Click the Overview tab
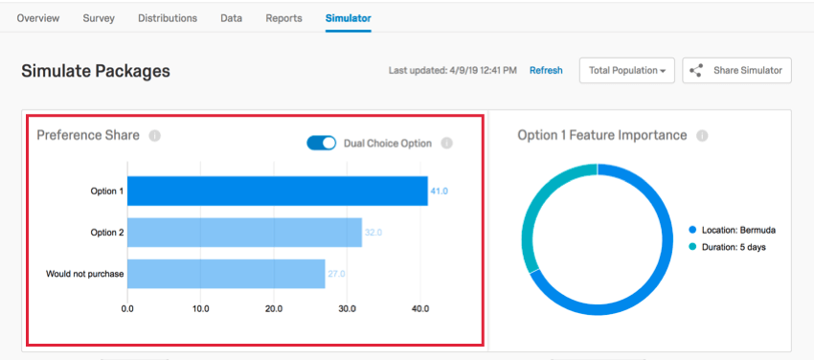pyautogui.click(x=38, y=18)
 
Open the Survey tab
pyautogui.click(x=99, y=18)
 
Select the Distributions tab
pyautogui.click(x=168, y=18)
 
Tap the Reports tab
pyautogui.click(x=283, y=18)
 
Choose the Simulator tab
pyautogui.click(x=348, y=18)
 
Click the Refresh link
pyautogui.click(x=546, y=71)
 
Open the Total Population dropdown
pyautogui.click(x=627, y=71)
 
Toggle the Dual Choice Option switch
pyautogui.click(x=322, y=143)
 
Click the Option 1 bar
pyautogui.click(x=277, y=191)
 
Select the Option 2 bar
pyautogui.click(x=244, y=233)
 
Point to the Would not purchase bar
pyautogui.click(x=226, y=274)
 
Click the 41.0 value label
pyautogui.click(x=439, y=191)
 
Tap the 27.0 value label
pyautogui.click(x=336, y=274)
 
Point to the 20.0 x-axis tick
pyautogui.click(x=274, y=308)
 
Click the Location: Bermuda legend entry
pyautogui.click(x=732, y=231)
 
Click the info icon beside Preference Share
pyautogui.click(x=154, y=136)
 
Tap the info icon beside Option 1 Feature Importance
pyautogui.click(x=702, y=136)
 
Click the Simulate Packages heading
pyautogui.click(x=96, y=71)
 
